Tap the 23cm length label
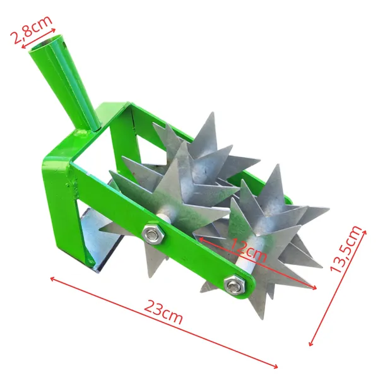(x=163, y=312)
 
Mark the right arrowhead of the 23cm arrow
(x=275, y=365)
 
